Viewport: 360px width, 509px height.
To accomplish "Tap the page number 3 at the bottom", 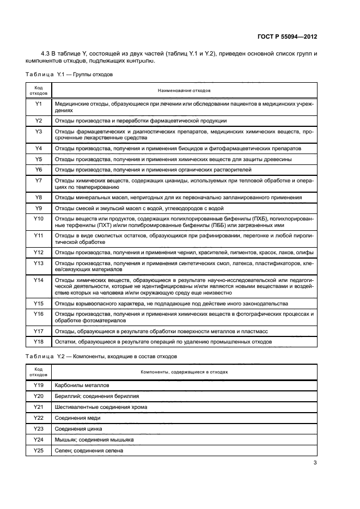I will [x=315, y=463].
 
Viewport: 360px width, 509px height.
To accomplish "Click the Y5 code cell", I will [x=39, y=159].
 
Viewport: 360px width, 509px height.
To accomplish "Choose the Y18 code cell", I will [x=39, y=341].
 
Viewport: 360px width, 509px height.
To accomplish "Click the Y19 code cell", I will [x=39, y=385].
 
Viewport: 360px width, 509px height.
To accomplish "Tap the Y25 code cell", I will [x=39, y=450].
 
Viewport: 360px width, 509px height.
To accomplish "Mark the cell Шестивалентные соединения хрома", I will [x=101, y=407].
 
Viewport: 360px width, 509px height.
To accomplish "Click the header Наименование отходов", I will [x=184, y=90].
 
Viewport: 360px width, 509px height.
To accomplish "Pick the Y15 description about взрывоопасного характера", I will [x=172, y=303].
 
